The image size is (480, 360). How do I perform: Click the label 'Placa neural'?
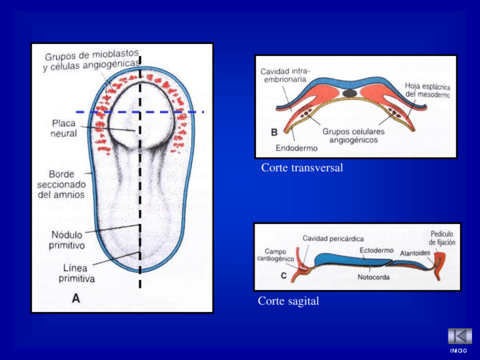coord(64,128)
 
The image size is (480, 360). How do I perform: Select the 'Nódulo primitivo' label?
coord(67,240)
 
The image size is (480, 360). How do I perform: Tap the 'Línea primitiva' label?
coord(76,273)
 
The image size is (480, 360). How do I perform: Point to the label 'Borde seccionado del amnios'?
coord(62,185)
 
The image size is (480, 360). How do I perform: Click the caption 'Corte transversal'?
coord(302,168)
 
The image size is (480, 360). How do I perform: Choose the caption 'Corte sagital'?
coord(288,301)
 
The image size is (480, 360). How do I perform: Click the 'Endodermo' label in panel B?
coord(297,148)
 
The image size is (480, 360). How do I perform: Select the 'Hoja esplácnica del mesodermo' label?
coord(427,90)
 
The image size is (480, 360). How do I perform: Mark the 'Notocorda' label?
coord(374,277)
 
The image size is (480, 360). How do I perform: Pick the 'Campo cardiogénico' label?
coord(275,255)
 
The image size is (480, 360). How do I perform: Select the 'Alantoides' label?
coord(415,253)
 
